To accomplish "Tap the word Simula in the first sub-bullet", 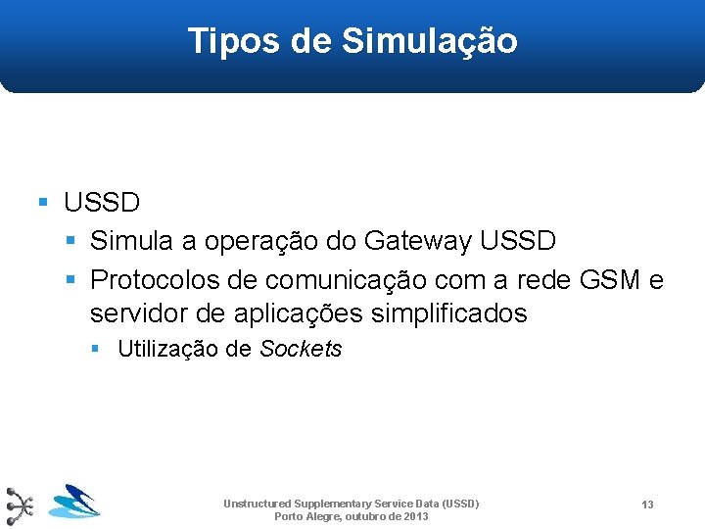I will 129,240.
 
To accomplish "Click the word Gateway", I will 414,240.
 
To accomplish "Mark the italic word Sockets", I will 301,349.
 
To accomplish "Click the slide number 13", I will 647,505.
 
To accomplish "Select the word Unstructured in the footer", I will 258,504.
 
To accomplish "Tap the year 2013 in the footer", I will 415,516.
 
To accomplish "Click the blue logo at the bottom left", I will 74,501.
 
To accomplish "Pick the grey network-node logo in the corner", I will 19,505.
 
